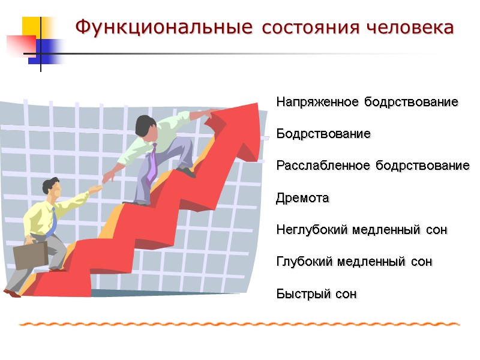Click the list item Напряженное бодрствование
(x=367, y=102)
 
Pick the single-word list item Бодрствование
(x=323, y=134)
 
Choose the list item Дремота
(x=302, y=198)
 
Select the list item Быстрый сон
(x=316, y=294)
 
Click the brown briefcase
(x=29, y=254)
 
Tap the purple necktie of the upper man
(x=152, y=162)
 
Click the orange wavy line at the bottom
(x=240, y=324)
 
